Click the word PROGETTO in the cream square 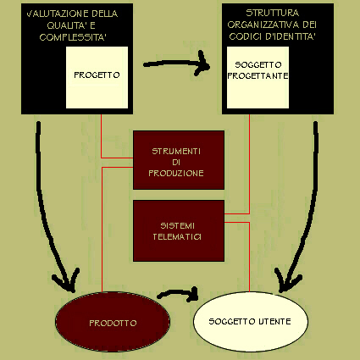coord(97,75)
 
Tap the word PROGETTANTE coord(258,75)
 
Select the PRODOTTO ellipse coord(113,322)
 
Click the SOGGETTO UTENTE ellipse coord(251,322)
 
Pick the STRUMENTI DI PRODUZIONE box coord(179,160)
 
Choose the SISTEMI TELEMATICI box coord(179,230)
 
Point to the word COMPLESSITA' coord(73,37)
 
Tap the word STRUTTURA coord(272,13)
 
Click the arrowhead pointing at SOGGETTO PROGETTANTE coord(202,64)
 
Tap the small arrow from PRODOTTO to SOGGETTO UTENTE coord(178,294)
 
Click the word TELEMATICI coord(177,236)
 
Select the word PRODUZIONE coord(176,173)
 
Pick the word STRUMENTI coord(176,152)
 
